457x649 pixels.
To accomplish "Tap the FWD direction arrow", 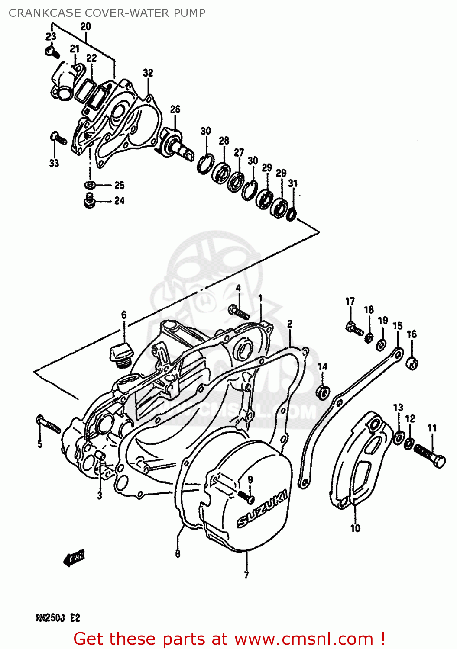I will click(75, 558).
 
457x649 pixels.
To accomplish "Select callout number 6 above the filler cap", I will click(124, 315).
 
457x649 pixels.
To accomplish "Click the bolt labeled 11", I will click(430, 455).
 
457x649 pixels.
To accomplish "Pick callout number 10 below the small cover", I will click(355, 528).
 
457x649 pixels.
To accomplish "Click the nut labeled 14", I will click(323, 392).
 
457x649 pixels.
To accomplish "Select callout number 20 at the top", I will click(86, 26).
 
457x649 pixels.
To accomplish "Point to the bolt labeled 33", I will click(58, 138).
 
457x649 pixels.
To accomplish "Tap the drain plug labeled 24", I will click(90, 201).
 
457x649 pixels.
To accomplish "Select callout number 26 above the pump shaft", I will click(175, 109).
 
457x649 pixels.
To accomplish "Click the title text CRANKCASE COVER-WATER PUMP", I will click(107, 13).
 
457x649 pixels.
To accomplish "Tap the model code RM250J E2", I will click(58, 618).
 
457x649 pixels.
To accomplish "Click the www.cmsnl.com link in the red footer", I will click(303, 639).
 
